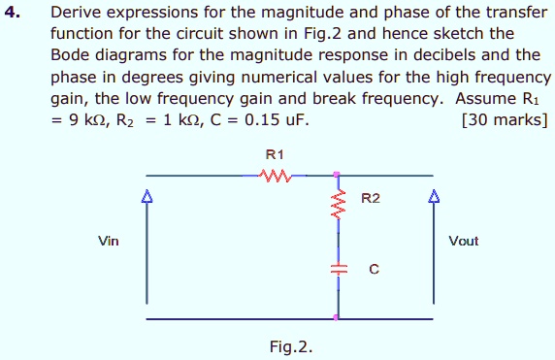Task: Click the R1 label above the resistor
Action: point(275,154)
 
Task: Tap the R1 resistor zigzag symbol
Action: point(277,176)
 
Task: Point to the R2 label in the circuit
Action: point(371,200)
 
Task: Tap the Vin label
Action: point(109,241)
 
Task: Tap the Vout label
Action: point(464,241)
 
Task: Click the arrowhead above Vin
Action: point(147,197)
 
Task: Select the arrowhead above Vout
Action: point(433,197)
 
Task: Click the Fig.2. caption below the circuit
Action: point(292,345)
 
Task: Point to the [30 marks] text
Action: point(506,120)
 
